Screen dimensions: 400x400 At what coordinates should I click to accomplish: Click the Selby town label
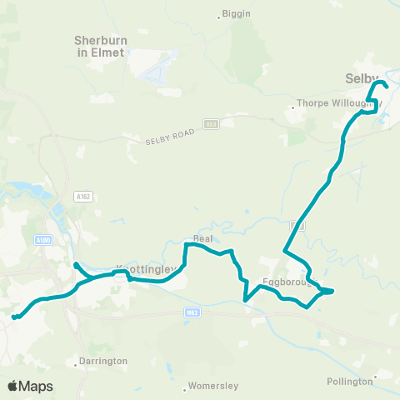[x=362, y=77]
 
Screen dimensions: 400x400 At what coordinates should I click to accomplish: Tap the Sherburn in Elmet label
[x=99, y=46]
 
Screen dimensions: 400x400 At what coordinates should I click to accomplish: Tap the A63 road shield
[x=212, y=124]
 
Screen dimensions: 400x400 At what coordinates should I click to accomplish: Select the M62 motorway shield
[x=190, y=312]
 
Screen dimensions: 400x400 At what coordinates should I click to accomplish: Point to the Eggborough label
[x=287, y=282]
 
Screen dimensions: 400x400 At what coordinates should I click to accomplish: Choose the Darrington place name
[x=103, y=361]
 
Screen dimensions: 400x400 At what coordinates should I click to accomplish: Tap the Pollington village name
[x=350, y=381]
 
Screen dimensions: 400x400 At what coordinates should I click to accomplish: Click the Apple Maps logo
[x=30, y=386]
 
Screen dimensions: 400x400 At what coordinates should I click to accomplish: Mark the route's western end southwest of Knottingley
[x=14, y=317]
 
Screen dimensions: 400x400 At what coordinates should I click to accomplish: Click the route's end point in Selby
[x=387, y=86]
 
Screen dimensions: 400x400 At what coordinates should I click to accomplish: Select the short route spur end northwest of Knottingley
[x=76, y=265]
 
